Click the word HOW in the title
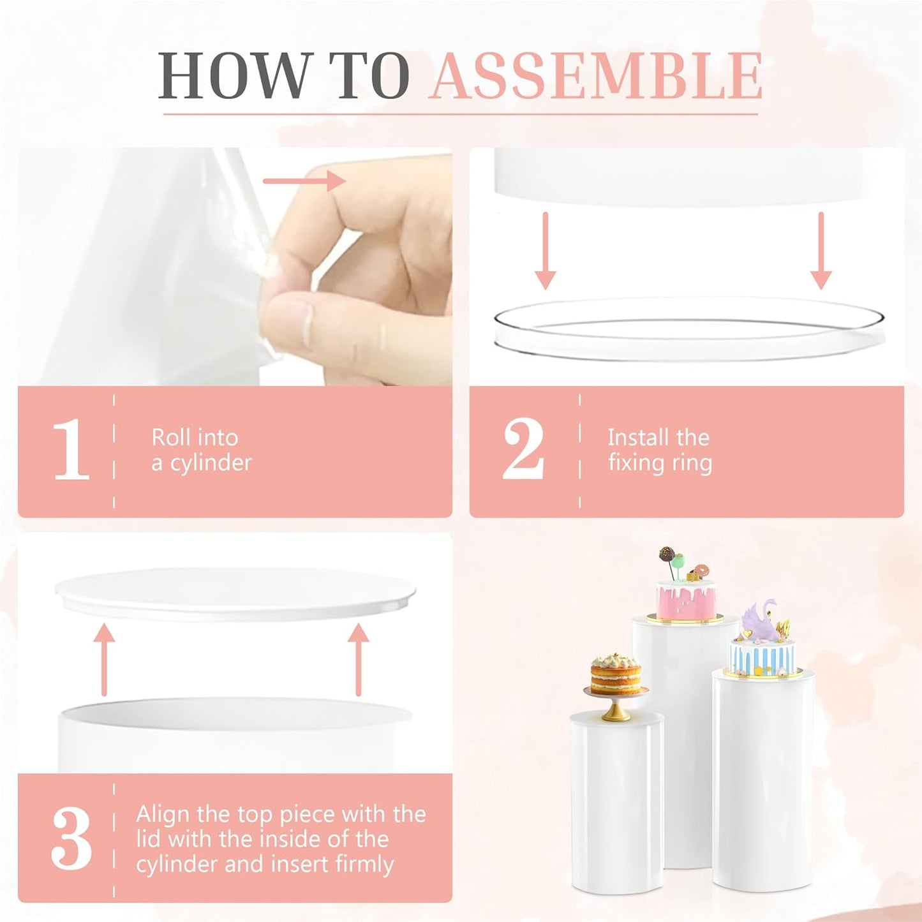coord(232,75)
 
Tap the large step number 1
coord(71,450)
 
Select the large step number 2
coord(523,450)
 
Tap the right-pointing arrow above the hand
coord(304,181)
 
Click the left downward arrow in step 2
coord(545,251)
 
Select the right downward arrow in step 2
coord(821,251)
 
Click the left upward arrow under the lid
coord(104,659)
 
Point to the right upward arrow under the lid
coord(359,659)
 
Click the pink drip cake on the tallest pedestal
coord(687,598)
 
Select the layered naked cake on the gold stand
coord(615,674)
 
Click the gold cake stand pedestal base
coord(615,715)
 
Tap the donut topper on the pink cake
coord(702,571)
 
